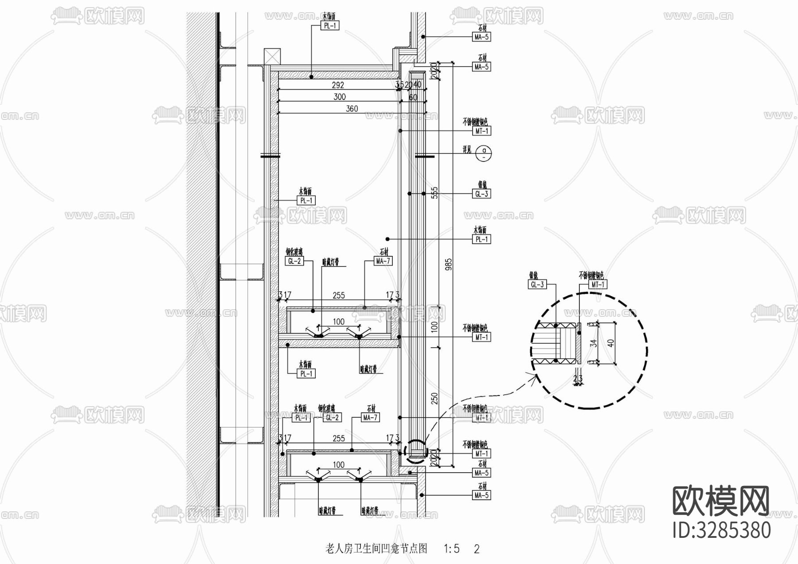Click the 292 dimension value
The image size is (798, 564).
(338, 85)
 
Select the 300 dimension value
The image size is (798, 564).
(339, 97)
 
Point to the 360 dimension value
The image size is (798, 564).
(352, 109)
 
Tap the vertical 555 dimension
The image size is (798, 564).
(434, 192)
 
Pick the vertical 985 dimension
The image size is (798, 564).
(449, 265)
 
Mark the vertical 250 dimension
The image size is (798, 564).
(434, 398)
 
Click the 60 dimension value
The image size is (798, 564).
(413, 97)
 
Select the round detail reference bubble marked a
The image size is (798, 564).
(484, 153)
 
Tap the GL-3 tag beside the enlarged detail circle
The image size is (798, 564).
(537, 284)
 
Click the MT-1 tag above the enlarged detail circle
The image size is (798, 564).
(597, 284)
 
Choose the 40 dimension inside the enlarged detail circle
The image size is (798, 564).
(611, 342)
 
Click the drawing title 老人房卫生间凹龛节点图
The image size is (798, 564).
(376, 549)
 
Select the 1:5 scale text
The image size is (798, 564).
(451, 549)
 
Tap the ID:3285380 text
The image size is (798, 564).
(722, 530)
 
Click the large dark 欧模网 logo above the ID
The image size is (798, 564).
(721, 501)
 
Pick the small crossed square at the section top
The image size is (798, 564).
(272, 57)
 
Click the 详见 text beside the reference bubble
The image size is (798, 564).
(467, 150)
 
